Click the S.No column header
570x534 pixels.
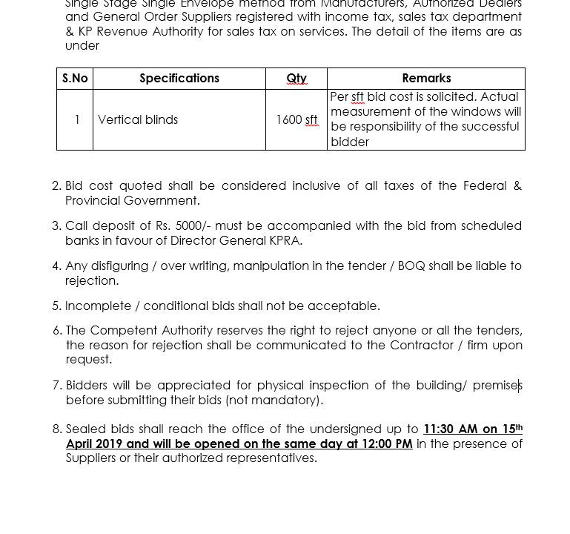75,79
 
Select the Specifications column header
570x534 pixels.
179,79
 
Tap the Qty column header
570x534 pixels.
296,79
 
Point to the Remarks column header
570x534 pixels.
426,79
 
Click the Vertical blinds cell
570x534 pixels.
138,119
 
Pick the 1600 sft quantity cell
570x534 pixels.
296,119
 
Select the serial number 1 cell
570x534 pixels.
77,119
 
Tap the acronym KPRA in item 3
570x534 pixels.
285,240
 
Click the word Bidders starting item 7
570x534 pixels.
89,385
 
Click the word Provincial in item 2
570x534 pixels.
92,200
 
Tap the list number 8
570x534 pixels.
57,429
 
